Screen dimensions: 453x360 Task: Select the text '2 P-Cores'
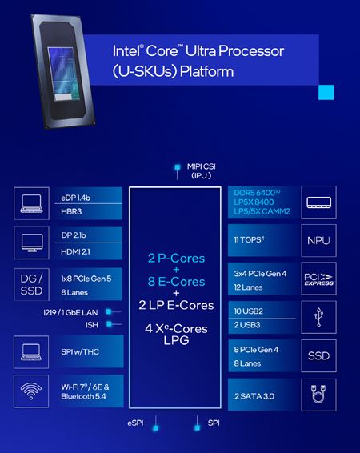pyautogui.click(x=174, y=259)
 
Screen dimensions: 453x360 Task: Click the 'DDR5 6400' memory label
pyautogui.click(x=258, y=193)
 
